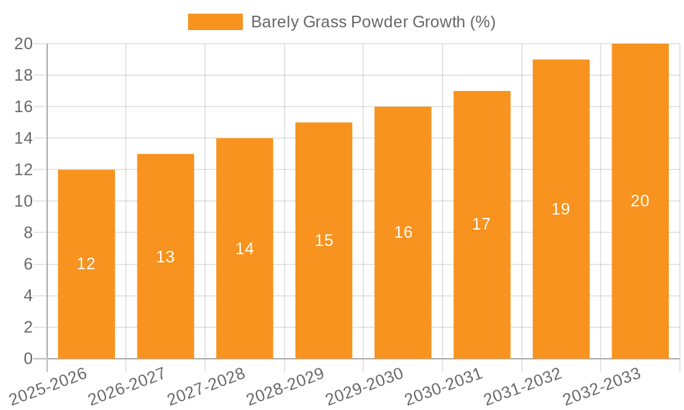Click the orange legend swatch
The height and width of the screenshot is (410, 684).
[215, 22]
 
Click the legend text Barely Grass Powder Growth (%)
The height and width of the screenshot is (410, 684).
[373, 22]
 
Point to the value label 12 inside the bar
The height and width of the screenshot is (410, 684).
[86, 264]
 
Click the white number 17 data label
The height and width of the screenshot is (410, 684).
[482, 224]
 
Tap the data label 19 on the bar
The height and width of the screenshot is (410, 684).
[561, 209]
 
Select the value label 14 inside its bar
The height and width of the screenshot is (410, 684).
[245, 249]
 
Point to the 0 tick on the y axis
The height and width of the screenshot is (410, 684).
[28, 359]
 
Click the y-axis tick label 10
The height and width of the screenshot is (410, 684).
[24, 202]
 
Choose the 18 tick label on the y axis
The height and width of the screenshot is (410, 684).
[24, 75]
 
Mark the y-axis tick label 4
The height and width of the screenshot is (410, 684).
[28, 296]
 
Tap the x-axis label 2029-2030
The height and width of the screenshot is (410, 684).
[365, 387]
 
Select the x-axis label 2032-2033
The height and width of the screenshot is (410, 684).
[602, 387]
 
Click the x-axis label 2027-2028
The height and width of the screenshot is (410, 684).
[207, 387]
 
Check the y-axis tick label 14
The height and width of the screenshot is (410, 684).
[24, 139]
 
